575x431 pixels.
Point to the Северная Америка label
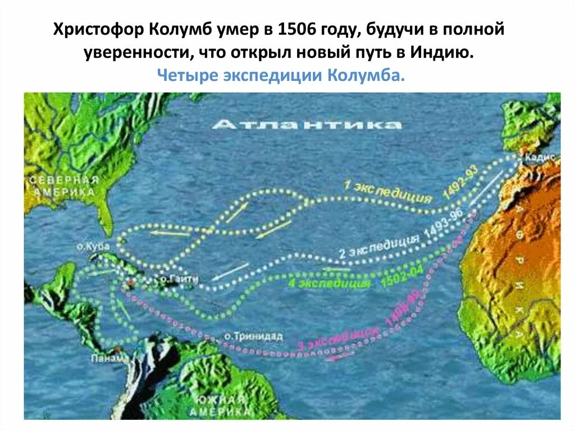pyautogui.click(x=63, y=186)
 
